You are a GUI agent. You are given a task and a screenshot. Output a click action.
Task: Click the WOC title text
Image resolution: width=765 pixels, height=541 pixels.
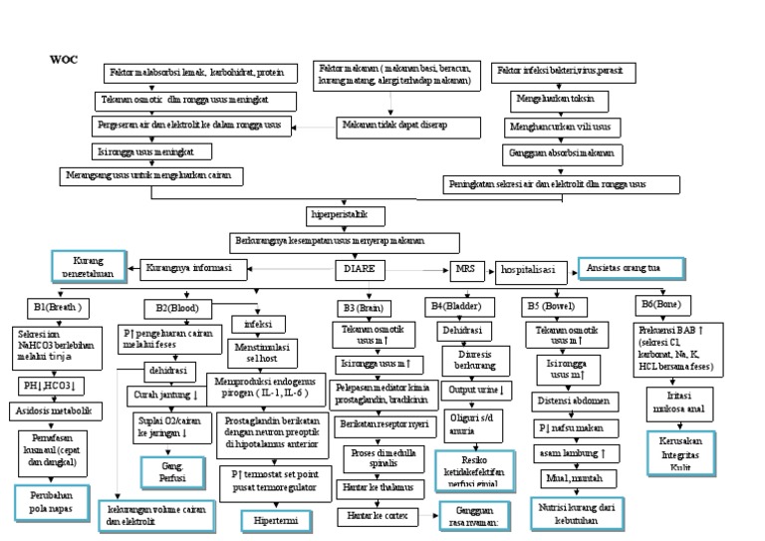(63, 60)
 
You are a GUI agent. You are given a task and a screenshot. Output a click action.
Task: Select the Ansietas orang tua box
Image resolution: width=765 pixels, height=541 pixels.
(632, 268)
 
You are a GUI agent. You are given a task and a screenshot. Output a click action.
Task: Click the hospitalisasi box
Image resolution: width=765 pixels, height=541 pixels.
(532, 269)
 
